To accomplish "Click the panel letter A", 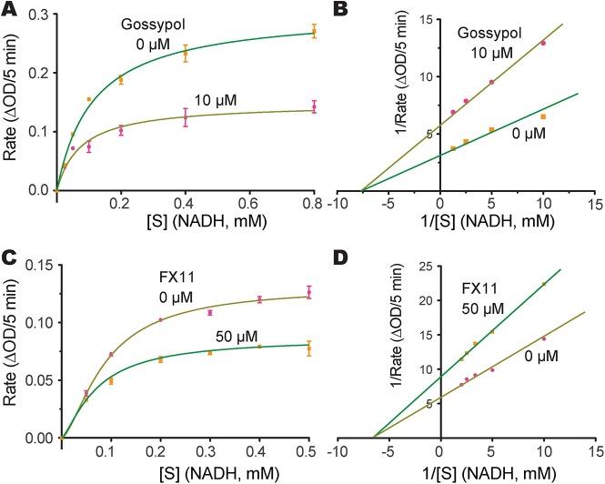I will [11, 11].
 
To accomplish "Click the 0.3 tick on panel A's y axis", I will [39, 15].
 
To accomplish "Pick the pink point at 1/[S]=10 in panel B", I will [543, 43].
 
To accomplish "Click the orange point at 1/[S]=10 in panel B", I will [543, 116].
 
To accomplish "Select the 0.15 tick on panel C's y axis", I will [36, 265].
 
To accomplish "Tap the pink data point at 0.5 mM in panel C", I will [308, 292].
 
